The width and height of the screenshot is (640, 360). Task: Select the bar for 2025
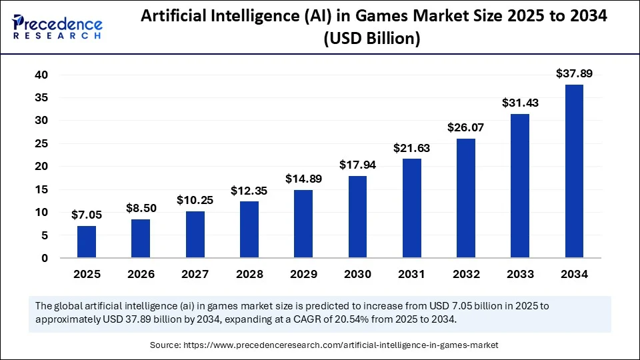[x=87, y=242]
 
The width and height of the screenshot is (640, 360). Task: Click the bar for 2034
[x=574, y=171]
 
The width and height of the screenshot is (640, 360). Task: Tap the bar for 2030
[x=357, y=217]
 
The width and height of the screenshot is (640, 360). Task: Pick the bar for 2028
[x=249, y=229]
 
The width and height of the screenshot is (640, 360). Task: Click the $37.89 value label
[x=574, y=73]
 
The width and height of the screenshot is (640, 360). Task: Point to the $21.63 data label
[x=411, y=147]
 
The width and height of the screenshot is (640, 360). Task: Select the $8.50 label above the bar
[x=141, y=208]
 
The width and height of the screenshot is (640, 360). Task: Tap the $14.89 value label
[x=303, y=179]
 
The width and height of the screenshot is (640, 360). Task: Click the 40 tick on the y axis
[x=41, y=75]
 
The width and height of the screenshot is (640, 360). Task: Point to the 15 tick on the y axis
[x=41, y=189]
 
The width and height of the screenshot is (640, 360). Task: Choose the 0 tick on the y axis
[x=45, y=258]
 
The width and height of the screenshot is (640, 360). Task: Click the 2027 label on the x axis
[x=195, y=274]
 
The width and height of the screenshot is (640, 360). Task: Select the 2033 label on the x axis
[x=520, y=274]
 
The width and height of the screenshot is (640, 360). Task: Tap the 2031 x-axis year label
[x=411, y=274]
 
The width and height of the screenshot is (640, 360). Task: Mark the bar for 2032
[x=466, y=198]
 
